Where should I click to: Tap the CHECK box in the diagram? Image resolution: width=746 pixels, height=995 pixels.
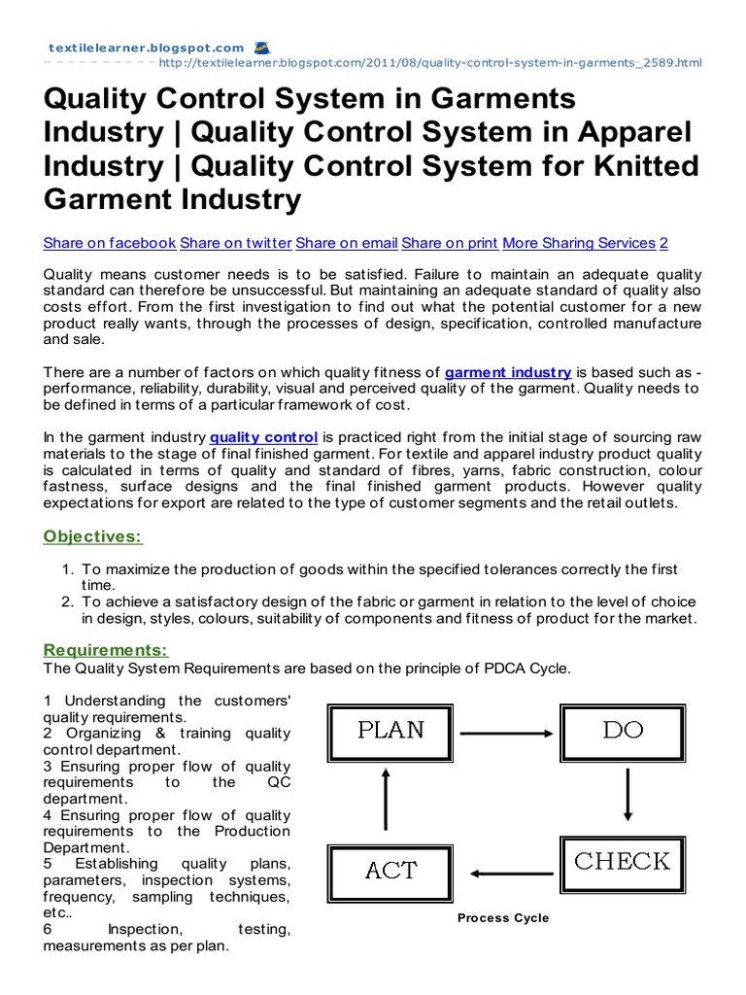[x=623, y=862]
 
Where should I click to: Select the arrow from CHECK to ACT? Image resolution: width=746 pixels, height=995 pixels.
[x=506, y=872]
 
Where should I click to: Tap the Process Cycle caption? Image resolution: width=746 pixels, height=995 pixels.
[x=503, y=918]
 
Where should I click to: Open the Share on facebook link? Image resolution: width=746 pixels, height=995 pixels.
[x=110, y=243]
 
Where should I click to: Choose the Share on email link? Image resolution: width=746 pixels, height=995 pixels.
[x=347, y=243]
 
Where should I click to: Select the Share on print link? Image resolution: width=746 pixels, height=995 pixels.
[x=450, y=243]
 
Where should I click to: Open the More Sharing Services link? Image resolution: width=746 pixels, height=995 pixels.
[x=579, y=243]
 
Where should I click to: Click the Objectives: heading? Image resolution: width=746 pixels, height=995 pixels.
[x=92, y=536]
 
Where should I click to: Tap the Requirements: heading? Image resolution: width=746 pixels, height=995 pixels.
[x=106, y=650]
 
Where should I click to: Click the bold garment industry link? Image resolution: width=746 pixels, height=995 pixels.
[x=508, y=372]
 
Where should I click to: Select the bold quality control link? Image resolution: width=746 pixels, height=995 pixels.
[x=263, y=438]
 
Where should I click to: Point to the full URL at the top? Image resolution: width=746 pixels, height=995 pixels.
[x=428, y=63]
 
